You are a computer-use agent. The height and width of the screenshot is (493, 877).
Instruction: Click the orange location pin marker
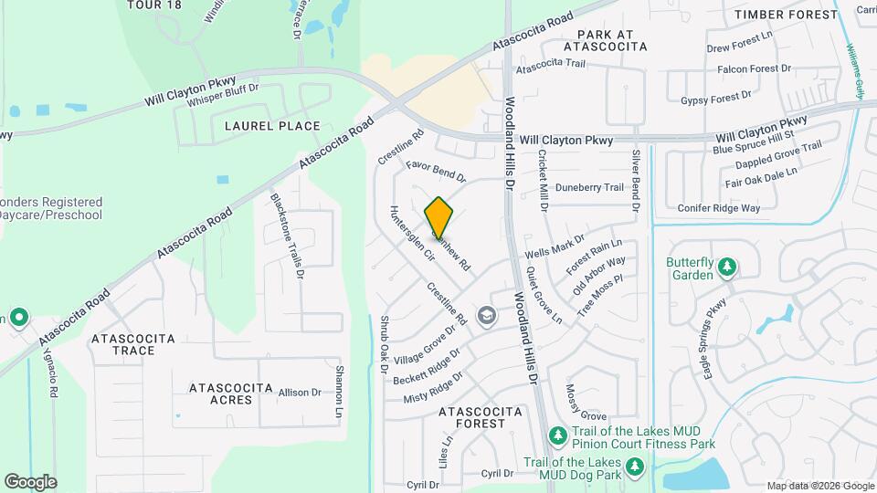tap(439, 218)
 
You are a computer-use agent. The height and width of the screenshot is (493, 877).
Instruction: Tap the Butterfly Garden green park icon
tap(727, 267)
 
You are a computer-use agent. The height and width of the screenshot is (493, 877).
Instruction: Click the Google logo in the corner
tap(30, 481)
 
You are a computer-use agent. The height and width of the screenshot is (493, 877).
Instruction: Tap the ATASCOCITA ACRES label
tap(231, 394)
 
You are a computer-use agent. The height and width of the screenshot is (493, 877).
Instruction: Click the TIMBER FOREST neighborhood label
tap(786, 15)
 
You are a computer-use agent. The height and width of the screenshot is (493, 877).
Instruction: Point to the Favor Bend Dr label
tap(437, 171)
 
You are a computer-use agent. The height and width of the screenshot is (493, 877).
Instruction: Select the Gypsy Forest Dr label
tap(715, 95)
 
